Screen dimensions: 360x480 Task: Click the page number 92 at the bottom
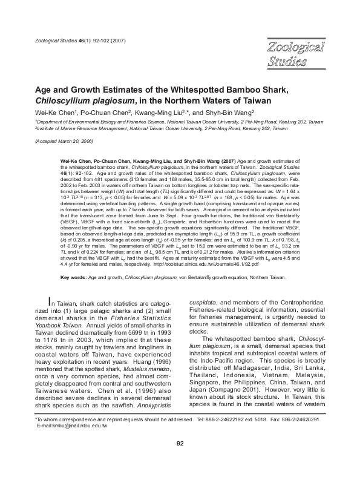[x=180, y=460]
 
